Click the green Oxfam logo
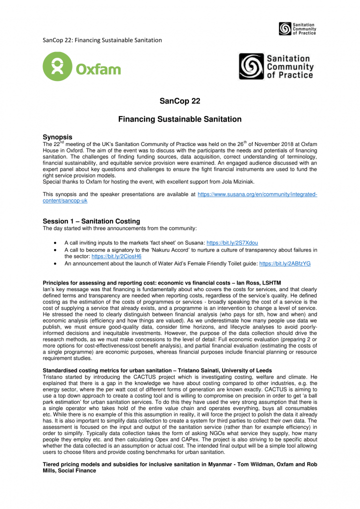81,66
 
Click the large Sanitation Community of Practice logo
276,66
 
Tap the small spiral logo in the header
285,28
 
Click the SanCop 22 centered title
180,101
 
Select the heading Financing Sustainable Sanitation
180,119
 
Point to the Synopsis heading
57,136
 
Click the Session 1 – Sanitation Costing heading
91,221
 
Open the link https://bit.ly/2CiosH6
116,256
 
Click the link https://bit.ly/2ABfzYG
284,263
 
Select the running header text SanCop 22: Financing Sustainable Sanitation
102,40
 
